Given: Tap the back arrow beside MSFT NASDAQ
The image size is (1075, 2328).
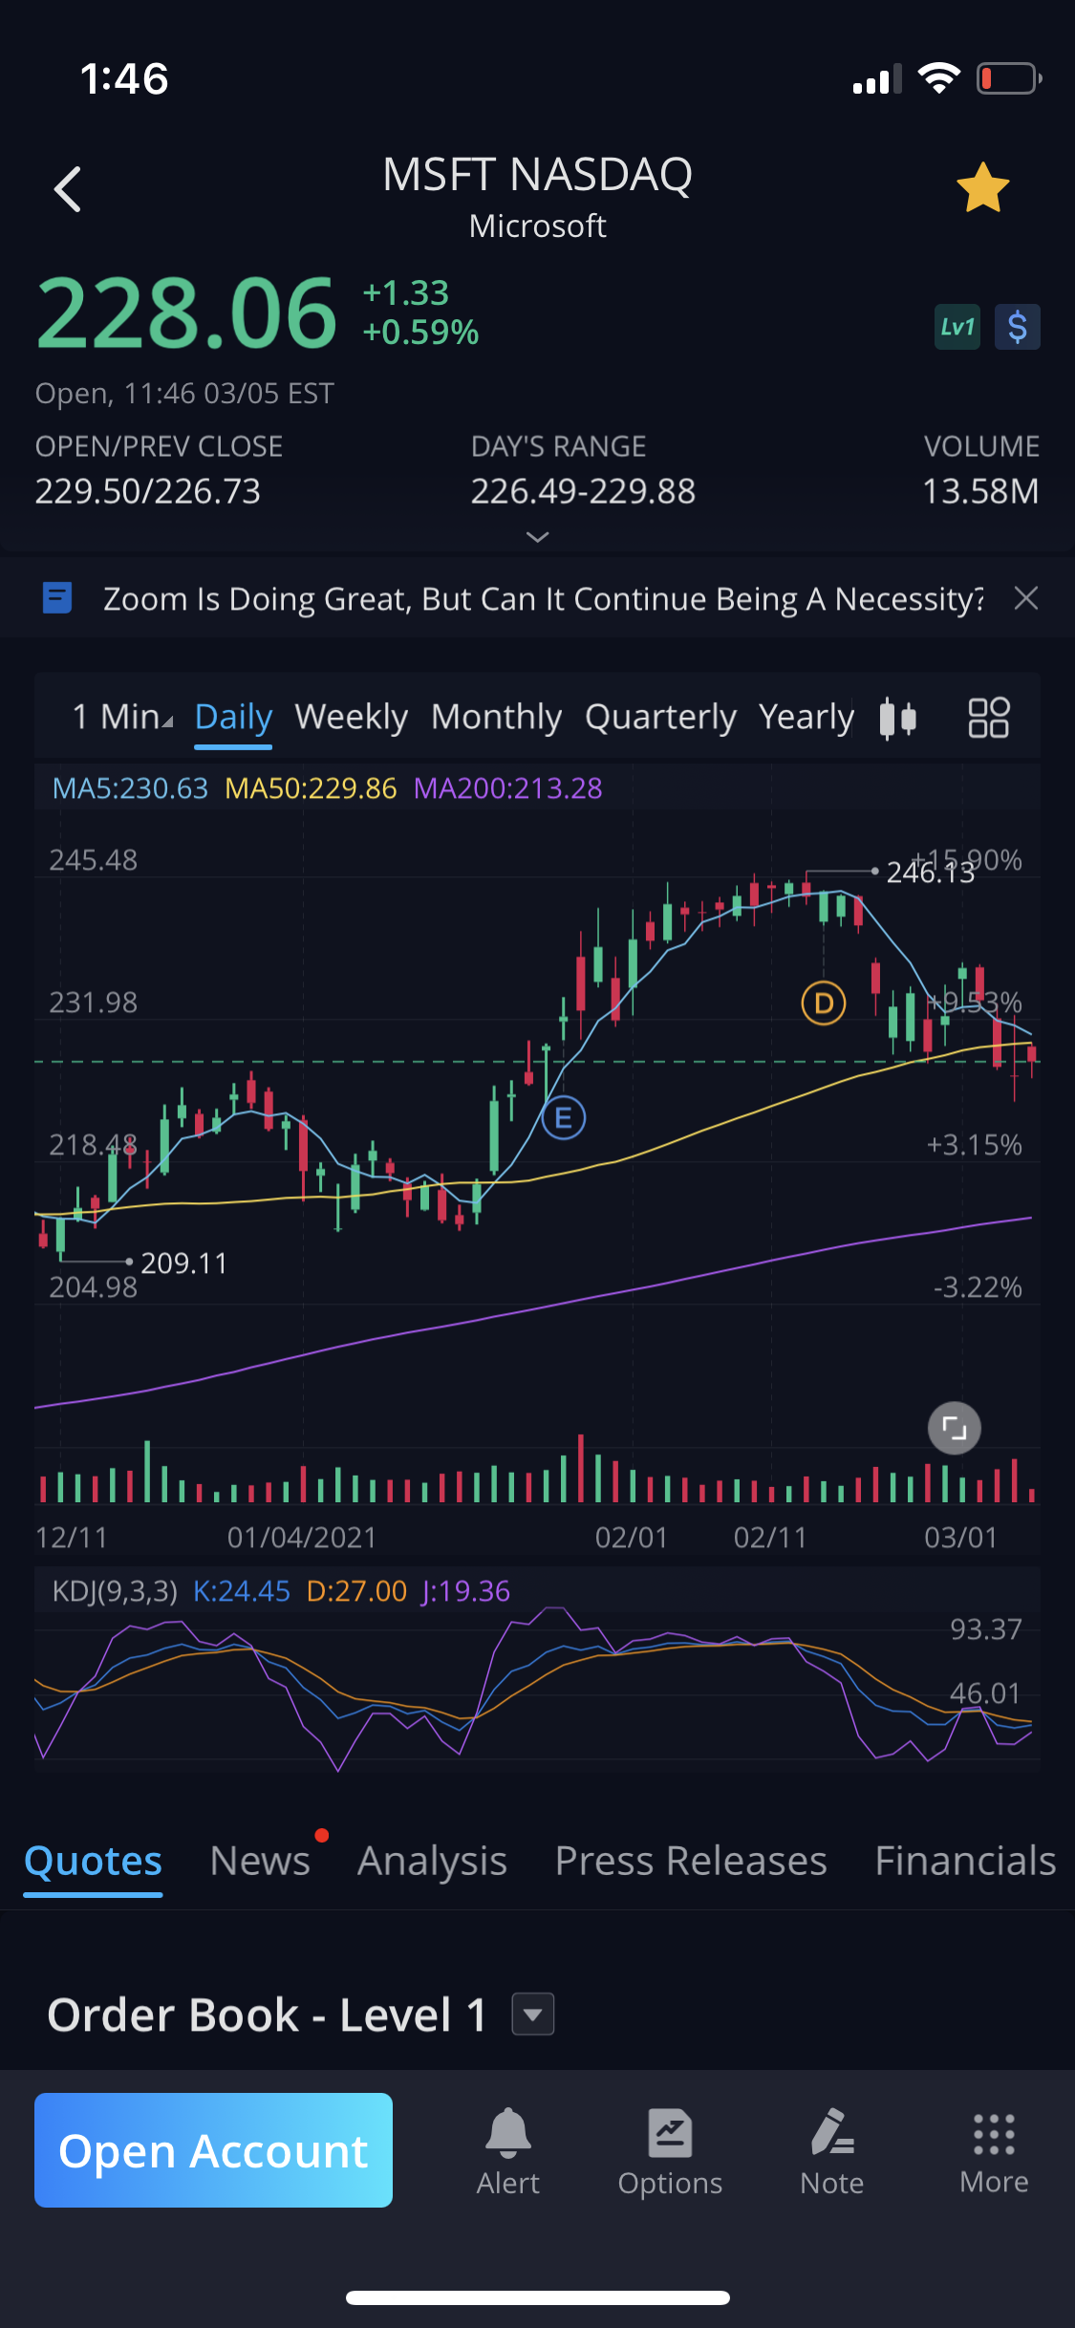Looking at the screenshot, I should click(68, 189).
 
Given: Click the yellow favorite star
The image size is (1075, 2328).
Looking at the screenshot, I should click(982, 187).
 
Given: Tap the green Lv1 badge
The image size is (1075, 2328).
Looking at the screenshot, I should click(957, 327).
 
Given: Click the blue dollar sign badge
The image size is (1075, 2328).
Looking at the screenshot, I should click(1017, 327).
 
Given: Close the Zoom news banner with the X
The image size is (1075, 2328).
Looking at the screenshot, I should click(1026, 598).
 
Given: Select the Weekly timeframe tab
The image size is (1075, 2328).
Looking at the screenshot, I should click(351, 717).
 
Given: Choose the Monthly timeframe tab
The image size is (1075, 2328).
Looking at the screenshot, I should click(496, 717).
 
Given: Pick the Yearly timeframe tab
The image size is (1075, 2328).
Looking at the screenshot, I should click(806, 717).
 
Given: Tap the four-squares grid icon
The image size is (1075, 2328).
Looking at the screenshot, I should click(988, 717).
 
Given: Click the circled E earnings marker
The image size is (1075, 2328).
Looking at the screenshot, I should click(564, 1117).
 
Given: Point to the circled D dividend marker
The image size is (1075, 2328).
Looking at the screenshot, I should click(823, 1003).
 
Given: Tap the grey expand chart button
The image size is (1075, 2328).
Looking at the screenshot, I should click(954, 1429).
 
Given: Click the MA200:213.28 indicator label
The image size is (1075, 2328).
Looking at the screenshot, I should click(507, 788).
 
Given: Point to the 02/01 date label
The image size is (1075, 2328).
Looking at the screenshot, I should click(631, 1538).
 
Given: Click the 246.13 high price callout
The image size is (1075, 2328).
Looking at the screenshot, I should click(929, 872).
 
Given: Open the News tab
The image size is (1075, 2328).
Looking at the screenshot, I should click(260, 1861).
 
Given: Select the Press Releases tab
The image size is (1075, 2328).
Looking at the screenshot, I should click(691, 1861).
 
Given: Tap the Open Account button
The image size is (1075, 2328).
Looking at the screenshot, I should click(213, 2150).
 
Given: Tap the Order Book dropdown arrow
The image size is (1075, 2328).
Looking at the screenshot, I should click(533, 2015).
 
